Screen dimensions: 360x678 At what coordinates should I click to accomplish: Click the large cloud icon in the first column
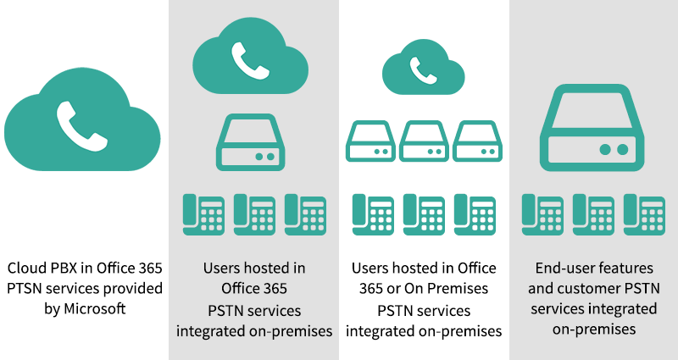click(x=82, y=123)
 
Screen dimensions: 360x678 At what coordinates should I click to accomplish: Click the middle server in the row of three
click(x=424, y=141)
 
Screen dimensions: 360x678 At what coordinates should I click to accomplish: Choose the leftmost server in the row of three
click(x=370, y=141)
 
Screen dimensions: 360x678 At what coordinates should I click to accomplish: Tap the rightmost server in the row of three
click(x=477, y=141)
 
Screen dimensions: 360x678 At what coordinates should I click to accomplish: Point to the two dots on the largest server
click(x=614, y=148)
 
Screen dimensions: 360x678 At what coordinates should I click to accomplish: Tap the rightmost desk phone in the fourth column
click(x=644, y=214)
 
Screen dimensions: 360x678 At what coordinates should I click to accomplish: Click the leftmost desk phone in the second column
click(x=203, y=214)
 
